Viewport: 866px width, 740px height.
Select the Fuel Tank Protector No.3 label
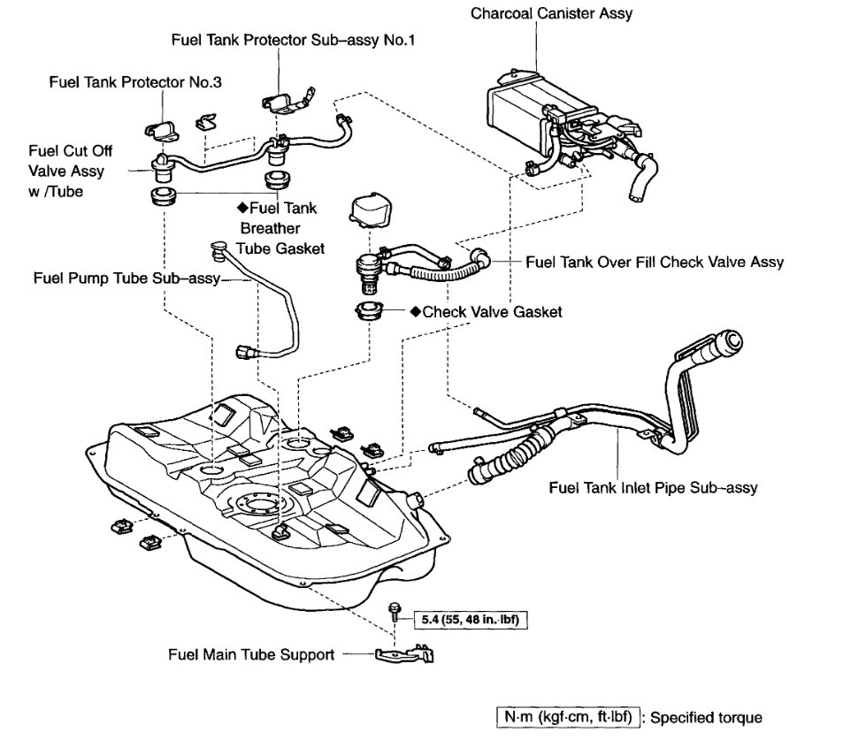135,82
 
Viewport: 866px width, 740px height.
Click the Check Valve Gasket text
492,312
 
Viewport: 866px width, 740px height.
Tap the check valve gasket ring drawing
369,312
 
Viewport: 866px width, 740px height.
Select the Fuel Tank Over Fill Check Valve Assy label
654,263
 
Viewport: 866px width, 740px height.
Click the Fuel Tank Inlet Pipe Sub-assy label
653,487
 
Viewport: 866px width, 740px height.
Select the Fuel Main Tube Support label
251,655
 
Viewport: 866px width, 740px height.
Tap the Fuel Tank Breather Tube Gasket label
280,229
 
